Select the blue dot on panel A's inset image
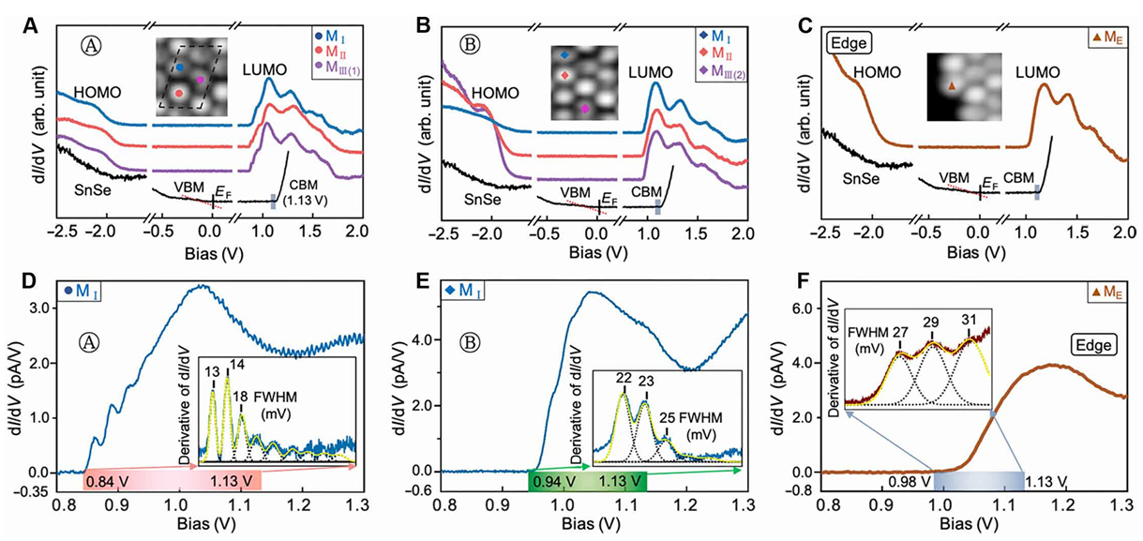[x=179, y=68]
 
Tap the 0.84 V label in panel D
[x=104, y=481]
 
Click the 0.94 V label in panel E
[x=552, y=481]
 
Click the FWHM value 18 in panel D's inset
[x=242, y=397]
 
